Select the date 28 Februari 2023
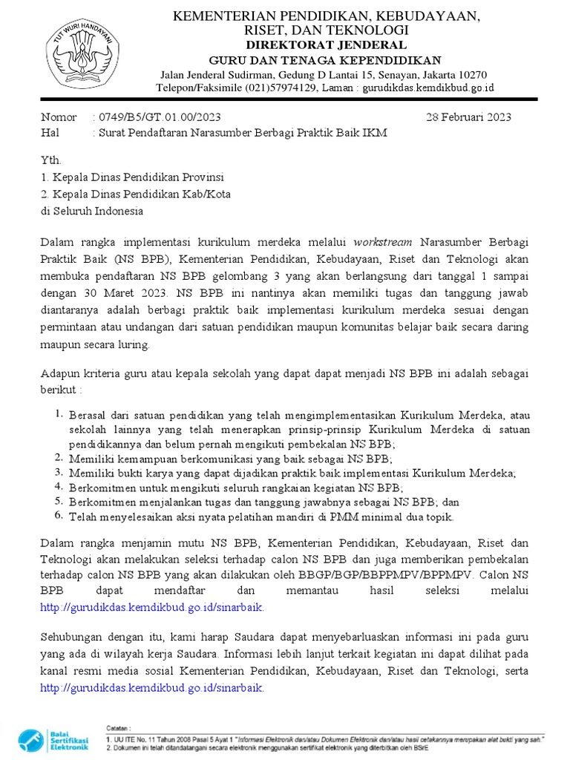[468, 117]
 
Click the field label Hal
[49, 133]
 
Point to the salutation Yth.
[50, 160]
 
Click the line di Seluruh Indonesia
[92, 211]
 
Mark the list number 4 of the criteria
[59, 487]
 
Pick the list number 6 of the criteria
[59, 516]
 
